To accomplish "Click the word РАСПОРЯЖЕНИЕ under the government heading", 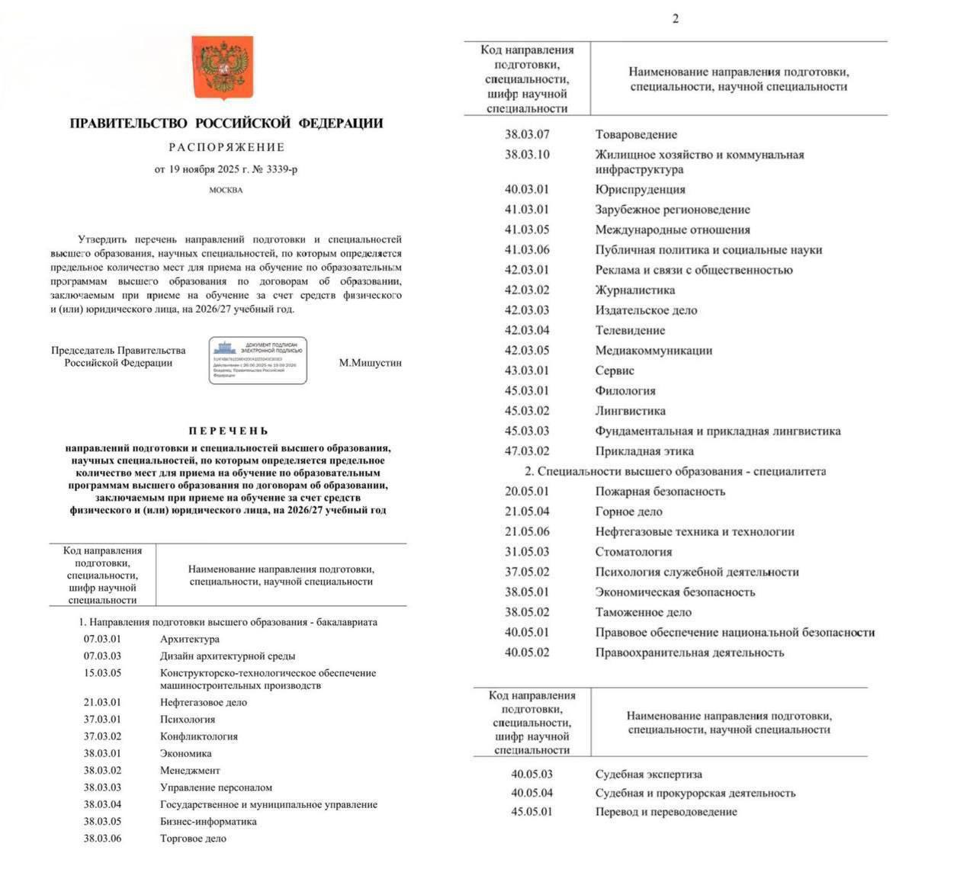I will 226,147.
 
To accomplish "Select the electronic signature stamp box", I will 258,360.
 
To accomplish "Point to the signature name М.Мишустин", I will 370,363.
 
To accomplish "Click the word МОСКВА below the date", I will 226,190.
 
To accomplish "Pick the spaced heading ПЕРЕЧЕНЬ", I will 228,431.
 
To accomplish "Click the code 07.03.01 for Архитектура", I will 102,639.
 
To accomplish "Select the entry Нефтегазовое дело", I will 204,702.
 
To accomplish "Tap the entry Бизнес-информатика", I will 208,821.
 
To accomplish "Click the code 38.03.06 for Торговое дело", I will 102,839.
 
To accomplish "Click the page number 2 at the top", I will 676,19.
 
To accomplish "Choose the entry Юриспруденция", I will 640,189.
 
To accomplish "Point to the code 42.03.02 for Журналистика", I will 526,290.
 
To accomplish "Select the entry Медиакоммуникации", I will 653,351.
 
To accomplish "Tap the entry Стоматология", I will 633,552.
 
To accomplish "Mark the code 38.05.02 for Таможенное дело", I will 526,612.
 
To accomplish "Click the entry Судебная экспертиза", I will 648,774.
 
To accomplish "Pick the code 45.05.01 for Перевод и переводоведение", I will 531,811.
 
